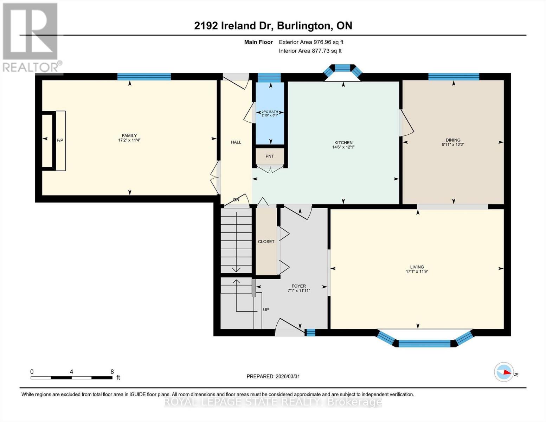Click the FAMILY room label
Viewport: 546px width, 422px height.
point(129,135)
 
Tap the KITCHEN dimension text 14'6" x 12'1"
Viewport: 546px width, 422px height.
point(343,147)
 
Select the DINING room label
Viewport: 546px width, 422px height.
point(453,140)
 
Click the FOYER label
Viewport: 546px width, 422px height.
point(298,286)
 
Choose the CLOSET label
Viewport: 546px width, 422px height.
point(266,242)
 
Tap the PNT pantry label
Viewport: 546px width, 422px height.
point(269,156)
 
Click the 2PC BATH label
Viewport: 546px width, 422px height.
point(270,112)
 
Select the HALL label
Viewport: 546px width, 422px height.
point(236,142)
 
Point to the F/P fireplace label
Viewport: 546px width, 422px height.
point(60,140)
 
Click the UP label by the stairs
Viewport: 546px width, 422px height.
point(266,309)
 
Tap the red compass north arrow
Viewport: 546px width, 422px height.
point(506,372)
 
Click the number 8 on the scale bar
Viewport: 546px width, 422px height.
point(112,372)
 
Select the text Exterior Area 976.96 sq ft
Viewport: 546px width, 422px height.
point(311,42)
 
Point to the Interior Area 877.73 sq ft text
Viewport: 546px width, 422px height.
point(310,51)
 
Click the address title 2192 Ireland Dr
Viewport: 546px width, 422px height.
point(234,26)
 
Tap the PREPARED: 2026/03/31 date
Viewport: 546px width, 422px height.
point(273,376)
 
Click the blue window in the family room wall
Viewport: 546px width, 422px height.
point(144,77)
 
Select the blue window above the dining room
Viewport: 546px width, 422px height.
point(454,77)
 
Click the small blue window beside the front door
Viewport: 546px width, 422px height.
point(310,332)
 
